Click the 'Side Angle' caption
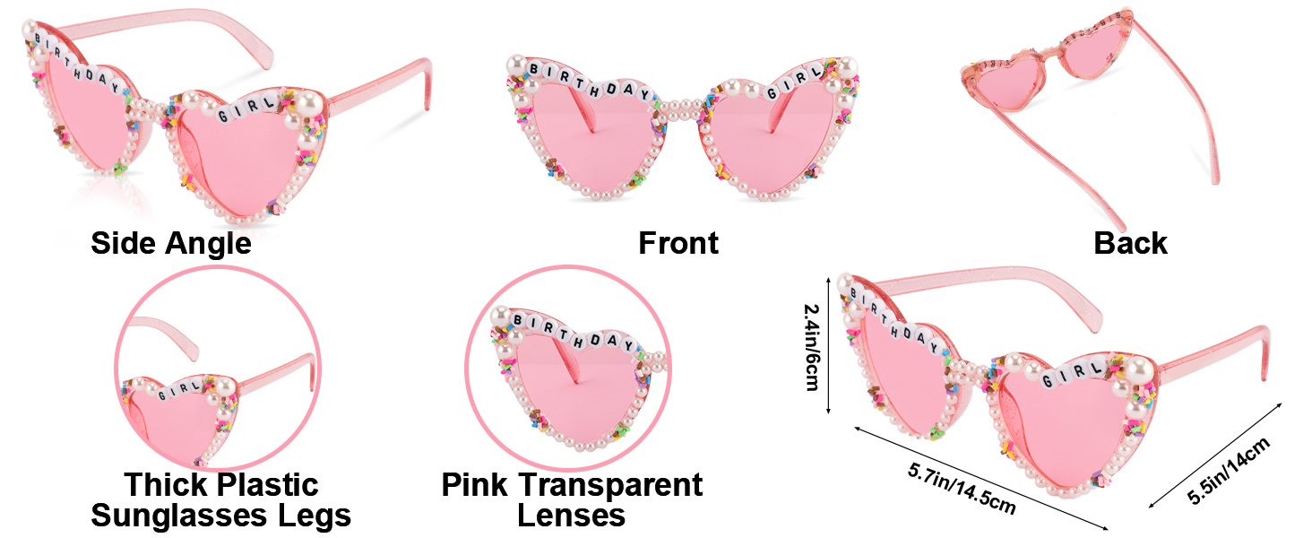(170, 243)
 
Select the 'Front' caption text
(678, 243)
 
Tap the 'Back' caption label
(1130, 243)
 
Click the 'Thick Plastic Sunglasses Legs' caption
(220, 500)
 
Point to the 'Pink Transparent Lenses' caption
(572, 500)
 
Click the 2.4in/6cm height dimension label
(811, 346)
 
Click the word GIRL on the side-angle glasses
(238, 108)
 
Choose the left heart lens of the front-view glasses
(591, 134)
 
